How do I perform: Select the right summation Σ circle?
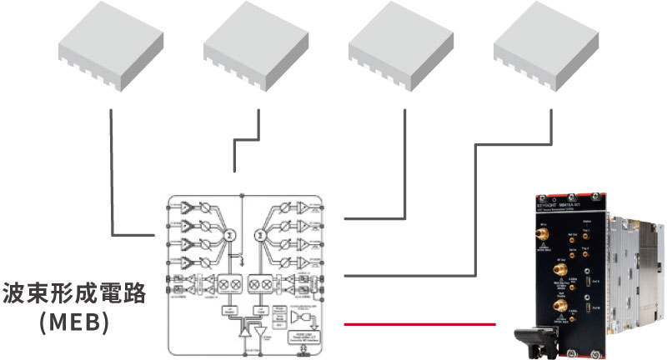click(x=259, y=238)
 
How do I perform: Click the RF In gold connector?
click(x=543, y=235)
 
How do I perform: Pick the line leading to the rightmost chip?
click(x=475, y=208)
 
